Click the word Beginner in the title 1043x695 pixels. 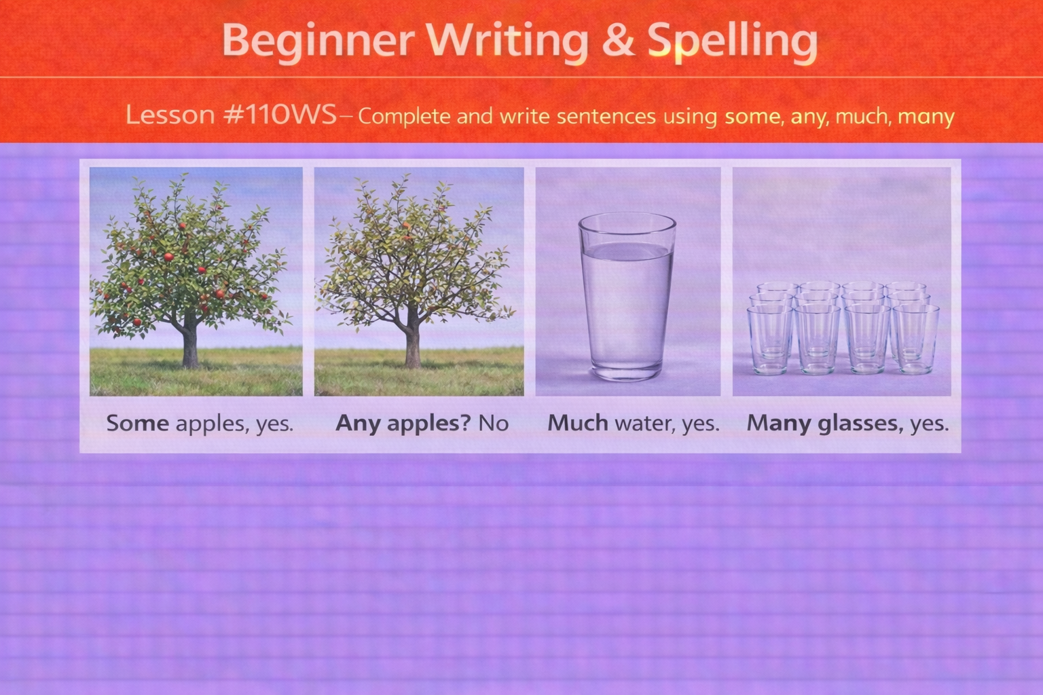point(317,41)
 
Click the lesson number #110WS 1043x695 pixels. point(280,115)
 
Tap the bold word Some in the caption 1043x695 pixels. point(138,424)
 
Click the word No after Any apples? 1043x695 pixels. point(494,424)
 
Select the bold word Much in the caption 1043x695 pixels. point(578,424)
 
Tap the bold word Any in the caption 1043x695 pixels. point(358,424)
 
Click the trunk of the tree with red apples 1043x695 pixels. point(190,346)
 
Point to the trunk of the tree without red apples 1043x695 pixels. point(412,346)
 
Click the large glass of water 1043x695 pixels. point(627,299)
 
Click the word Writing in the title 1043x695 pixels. point(508,41)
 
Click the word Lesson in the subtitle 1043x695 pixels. point(170,115)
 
